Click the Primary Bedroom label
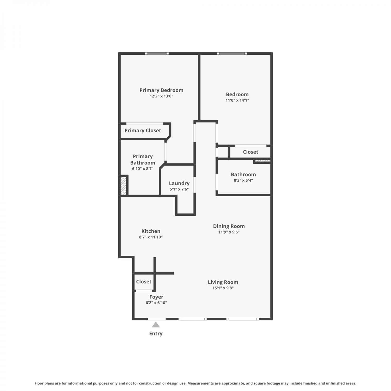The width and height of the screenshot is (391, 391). (x=161, y=90)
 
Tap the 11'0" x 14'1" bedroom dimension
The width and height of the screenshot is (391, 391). (x=237, y=100)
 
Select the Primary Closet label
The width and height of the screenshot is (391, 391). (x=143, y=130)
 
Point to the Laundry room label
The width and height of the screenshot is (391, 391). (x=179, y=183)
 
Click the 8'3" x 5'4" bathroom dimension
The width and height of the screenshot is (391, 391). (x=243, y=180)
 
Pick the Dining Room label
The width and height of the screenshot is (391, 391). (x=229, y=226)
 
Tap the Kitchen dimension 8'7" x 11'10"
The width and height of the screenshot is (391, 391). (x=151, y=237)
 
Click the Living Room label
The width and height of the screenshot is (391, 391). (x=223, y=282)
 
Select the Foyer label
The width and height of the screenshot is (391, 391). (x=156, y=297)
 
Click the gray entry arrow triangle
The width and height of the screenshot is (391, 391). (x=156, y=325)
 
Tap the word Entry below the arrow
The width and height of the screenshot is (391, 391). (x=156, y=333)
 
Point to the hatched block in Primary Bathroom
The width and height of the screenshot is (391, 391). (x=124, y=186)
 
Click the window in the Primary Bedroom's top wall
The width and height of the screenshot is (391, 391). (x=157, y=53)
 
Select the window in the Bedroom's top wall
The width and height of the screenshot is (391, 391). (x=232, y=53)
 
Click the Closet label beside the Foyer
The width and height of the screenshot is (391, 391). (x=144, y=282)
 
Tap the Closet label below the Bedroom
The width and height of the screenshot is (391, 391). (x=251, y=152)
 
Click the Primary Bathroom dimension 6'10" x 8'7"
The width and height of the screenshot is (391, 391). (x=143, y=169)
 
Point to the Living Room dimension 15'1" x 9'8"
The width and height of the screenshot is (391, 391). (x=223, y=288)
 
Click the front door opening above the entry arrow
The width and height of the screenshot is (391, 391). (x=157, y=319)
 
